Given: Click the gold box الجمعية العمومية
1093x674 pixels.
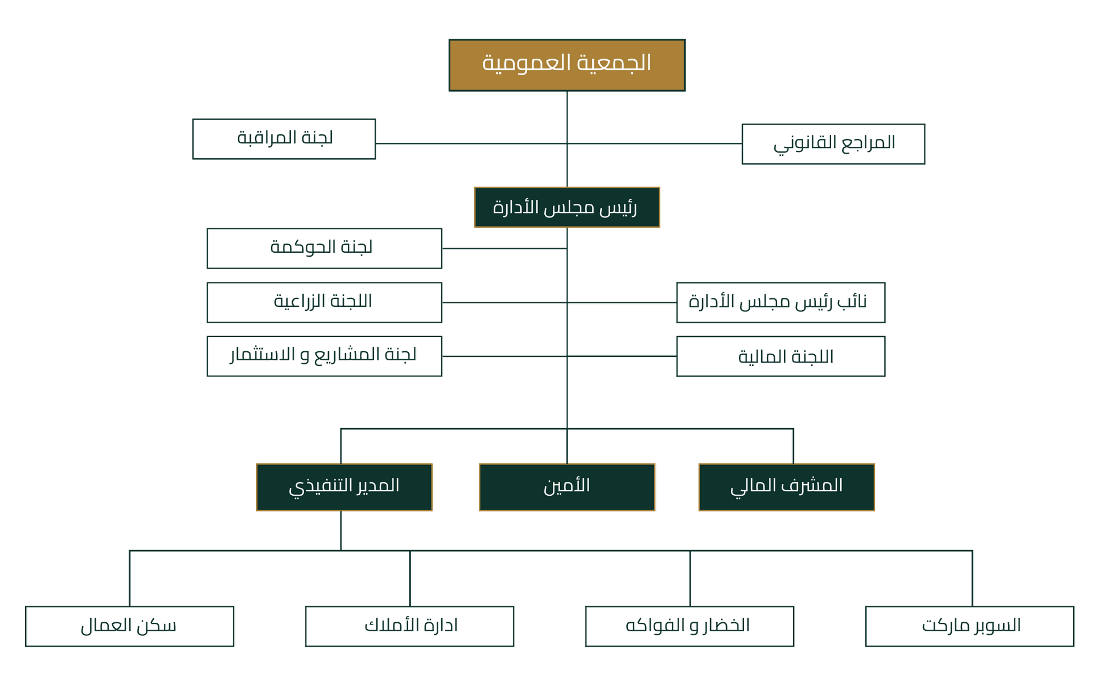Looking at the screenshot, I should tap(566, 64).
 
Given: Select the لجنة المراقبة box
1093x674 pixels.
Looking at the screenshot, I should tap(284, 139).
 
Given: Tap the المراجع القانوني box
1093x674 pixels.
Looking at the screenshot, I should tap(833, 144).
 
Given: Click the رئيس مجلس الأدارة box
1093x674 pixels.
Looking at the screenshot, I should tap(566, 207).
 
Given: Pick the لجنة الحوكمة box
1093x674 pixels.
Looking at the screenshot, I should tap(324, 248).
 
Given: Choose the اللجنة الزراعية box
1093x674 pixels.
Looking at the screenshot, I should tap(324, 302).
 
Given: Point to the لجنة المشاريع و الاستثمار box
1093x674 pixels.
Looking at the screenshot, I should tap(324, 356).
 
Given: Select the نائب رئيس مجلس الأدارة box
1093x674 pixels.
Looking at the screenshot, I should tap(780, 302).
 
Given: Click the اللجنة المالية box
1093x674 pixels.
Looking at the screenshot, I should tap(780, 356).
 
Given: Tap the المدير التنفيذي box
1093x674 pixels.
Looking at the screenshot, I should tap(344, 487).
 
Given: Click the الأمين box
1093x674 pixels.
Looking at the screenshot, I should tap(566, 487).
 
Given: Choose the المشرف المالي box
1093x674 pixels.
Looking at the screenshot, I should tap(786, 487).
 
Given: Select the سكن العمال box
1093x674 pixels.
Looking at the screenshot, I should tap(130, 626).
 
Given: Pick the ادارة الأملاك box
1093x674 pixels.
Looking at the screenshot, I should tap(409, 626).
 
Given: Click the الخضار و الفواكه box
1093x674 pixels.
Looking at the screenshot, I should tap(689, 626).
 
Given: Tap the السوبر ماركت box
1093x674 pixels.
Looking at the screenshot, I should tap(969, 626).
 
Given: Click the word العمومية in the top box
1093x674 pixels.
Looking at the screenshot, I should tap(527, 63).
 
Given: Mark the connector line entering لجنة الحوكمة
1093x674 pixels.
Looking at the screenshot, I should tap(504, 249).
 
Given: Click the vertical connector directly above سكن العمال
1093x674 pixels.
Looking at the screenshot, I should tap(130, 578).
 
